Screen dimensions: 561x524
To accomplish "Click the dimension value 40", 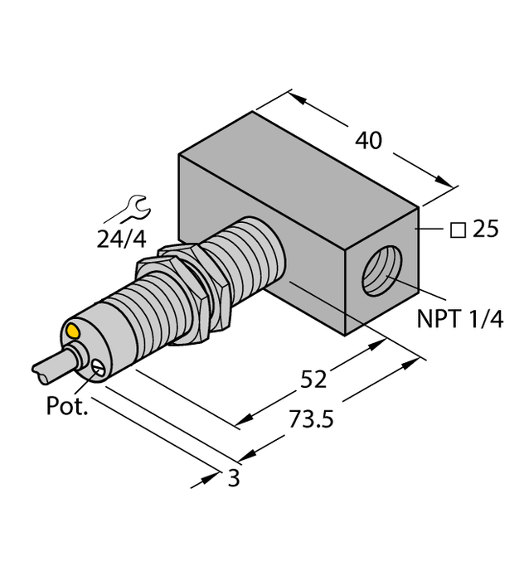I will pos(368,141).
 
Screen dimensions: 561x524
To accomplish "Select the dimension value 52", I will pos(313,379).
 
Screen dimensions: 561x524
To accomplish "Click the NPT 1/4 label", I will pos(462,318).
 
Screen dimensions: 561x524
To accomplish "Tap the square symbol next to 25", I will pos(456,230).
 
